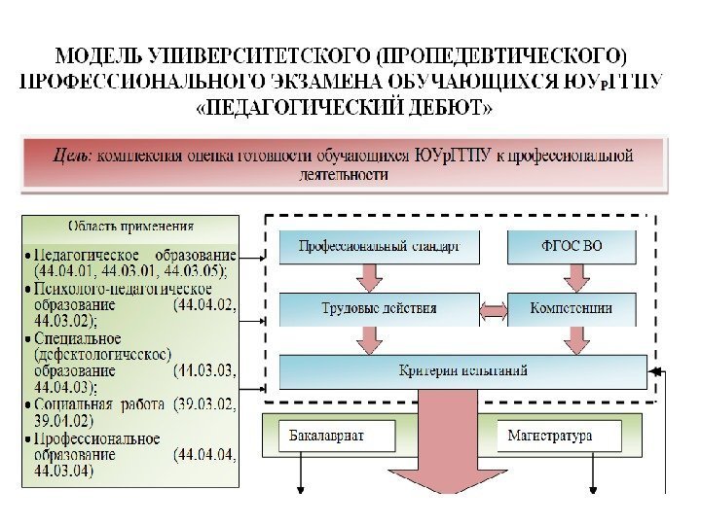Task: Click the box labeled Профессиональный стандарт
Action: pos(378,247)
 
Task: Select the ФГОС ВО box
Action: pos(572,247)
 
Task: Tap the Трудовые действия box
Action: pos(378,309)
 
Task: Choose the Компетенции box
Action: pos(572,309)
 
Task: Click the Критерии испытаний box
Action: pos(463,370)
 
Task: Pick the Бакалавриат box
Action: pos(337,436)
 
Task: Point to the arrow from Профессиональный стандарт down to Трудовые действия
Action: pos(371,278)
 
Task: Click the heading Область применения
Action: pos(130,227)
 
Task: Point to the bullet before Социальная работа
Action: pos(29,403)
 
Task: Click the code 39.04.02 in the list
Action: pos(62,420)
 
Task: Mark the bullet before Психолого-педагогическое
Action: pos(29,290)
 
